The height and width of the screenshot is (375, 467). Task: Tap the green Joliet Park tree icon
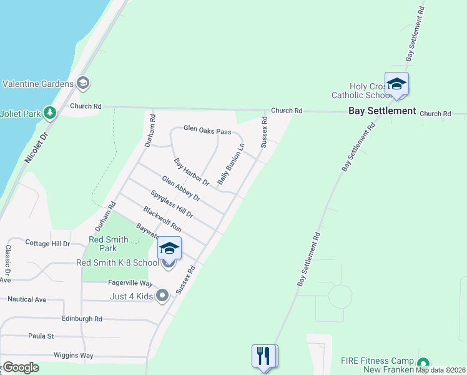tap(50, 113)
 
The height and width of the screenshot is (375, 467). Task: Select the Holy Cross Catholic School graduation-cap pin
tap(396, 84)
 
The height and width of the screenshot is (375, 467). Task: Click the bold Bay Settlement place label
tap(381, 111)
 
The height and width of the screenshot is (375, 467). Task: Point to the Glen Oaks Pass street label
tap(207, 131)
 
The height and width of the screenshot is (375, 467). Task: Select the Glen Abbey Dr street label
tap(180, 189)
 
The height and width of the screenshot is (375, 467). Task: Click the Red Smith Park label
tap(109, 244)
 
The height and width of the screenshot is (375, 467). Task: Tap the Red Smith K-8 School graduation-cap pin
tap(169, 249)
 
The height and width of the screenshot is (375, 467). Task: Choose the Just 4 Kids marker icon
tap(162, 296)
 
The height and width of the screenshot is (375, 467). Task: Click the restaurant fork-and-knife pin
tap(265, 356)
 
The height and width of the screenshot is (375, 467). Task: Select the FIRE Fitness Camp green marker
tap(423, 363)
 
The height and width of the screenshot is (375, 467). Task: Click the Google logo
tap(21, 367)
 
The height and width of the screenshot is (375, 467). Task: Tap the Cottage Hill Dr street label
tap(47, 243)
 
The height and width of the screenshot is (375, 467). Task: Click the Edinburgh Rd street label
tap(81, 319)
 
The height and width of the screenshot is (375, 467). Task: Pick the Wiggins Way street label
tap(73, 356)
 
